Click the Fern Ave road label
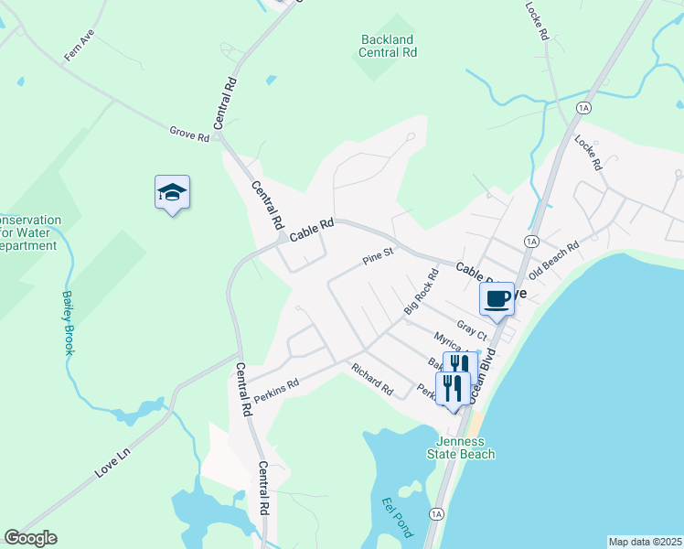pos(80,46)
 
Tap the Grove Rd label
pos(189,134)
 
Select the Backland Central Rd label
pos(388,46)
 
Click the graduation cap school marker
pos(172,193)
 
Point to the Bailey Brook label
pos(68,322)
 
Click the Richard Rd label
pos(372,379)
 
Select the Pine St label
pos(377,255)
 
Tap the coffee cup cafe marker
pos(497,298)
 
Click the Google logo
pos(30,538)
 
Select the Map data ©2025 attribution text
pos(645,542)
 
